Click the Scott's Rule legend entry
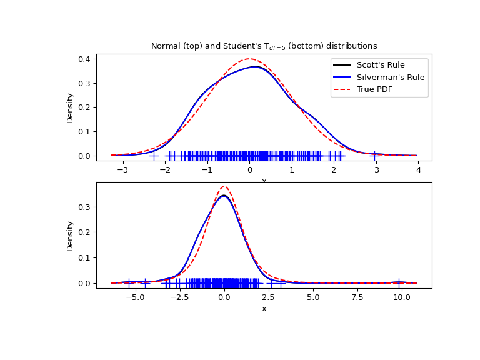tap(381, 65)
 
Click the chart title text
tap(264, 46)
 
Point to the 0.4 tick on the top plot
tap(85, 59)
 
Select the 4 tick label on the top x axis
tap(418, 169)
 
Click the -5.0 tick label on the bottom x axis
tap(133, 297)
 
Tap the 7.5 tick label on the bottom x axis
tap(357, 297)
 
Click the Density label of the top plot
tap(71, 107)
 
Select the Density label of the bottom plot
tap(71, 236)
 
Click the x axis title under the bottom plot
tap(264, 309)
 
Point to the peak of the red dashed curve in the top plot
tap(250, 59)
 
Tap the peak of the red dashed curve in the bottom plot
tap(224, 186)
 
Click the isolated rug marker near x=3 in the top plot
tap(374, 155)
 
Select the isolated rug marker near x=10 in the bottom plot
tap(399, 283)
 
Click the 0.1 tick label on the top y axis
tap(85, 131)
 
